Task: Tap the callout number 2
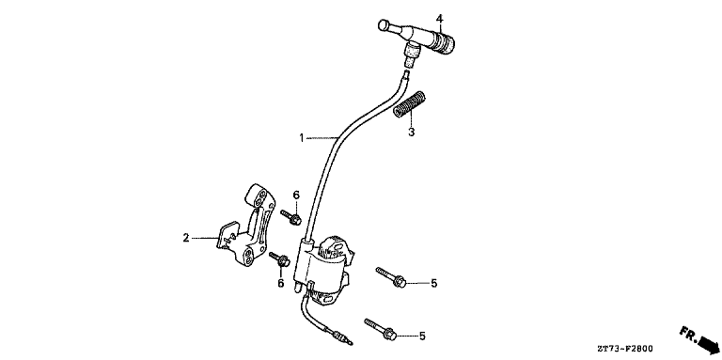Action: [186, 238]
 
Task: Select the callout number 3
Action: [411, 133]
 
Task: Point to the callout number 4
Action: [439, 16]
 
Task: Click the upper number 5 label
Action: [433, 282]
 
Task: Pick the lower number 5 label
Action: [422, 336]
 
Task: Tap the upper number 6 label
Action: [295, 196]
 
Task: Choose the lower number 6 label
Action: [280, 282]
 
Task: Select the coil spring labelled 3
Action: [410, 104]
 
